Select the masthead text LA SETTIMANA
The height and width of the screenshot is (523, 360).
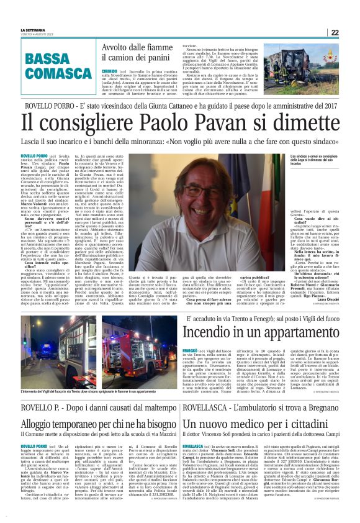(x=33, y=30)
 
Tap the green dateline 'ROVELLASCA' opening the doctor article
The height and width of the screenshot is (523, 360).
(x=194, y=446)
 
